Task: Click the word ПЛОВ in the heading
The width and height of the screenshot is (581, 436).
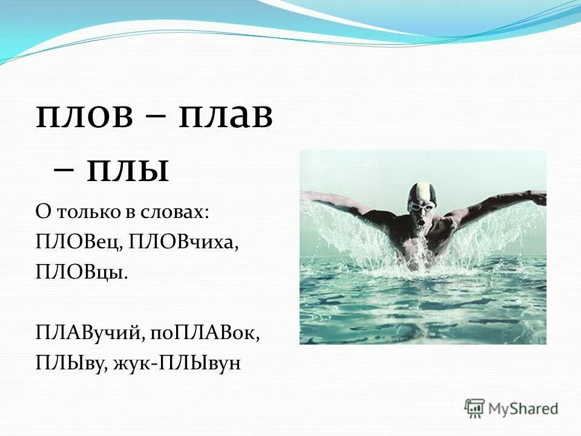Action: click(x=84, y=117)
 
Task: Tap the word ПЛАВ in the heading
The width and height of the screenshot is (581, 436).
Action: click(x=225, y=117)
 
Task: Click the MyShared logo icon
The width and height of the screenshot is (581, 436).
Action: click(x=474, y=408)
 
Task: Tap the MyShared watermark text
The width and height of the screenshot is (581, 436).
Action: click(x=523, y=409)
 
